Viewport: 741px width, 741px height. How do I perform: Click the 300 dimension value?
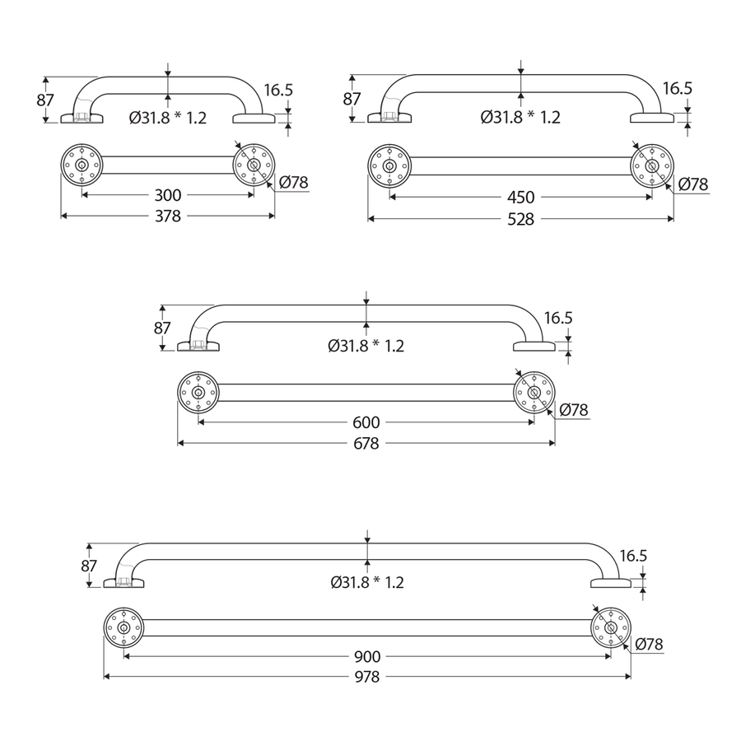click(168, 195)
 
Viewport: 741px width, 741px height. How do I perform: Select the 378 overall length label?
click(168, 216)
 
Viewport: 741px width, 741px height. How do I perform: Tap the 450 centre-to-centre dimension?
click(520, 198)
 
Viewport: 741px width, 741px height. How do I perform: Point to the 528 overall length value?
click(520, 219)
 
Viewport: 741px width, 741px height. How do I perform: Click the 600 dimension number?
click(366, 422)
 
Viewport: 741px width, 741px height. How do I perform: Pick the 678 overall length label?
click(366, 444)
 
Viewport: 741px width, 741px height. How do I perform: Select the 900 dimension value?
click(367, 657)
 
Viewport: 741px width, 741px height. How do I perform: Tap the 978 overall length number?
click(367, 678)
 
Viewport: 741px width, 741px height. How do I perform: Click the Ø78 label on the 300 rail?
click(294, 182)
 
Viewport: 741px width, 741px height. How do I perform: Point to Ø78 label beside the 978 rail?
click(649, 644)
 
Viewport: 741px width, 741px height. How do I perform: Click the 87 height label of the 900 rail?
click(90, 566)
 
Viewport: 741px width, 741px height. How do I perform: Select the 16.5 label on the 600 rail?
click(557, 318)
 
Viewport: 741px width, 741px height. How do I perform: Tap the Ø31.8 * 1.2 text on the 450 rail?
click(520, 117)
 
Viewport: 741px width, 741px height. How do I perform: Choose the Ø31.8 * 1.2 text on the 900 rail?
click(367, 582)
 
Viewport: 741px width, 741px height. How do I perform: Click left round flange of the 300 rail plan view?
click(82, 165)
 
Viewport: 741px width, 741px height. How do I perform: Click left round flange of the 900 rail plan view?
click(124, 629)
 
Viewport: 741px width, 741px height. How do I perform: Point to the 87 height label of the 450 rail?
click(352, 99)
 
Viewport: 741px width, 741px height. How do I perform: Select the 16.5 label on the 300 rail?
click(278, 91)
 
